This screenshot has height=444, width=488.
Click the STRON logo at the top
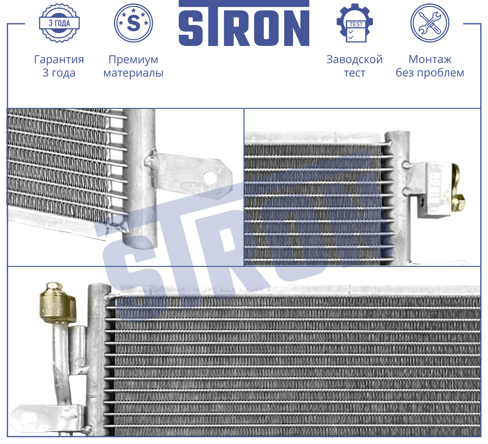(x=244, y=23)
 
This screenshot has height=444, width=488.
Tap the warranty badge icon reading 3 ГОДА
(x=59, y=23)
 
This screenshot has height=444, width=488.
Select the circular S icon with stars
(x=133, y=23)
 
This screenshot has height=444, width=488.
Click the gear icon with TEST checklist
(x=355, y=23)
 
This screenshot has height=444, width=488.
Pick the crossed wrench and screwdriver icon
(x=430, y=23)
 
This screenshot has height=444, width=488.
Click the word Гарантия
(x=59, y=59)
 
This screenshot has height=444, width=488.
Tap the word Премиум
(x=133, y=60)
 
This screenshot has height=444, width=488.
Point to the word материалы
(x=133, y=73)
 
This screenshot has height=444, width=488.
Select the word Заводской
(x=355, y=59)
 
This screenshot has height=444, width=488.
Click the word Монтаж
(x=430, y=59)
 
